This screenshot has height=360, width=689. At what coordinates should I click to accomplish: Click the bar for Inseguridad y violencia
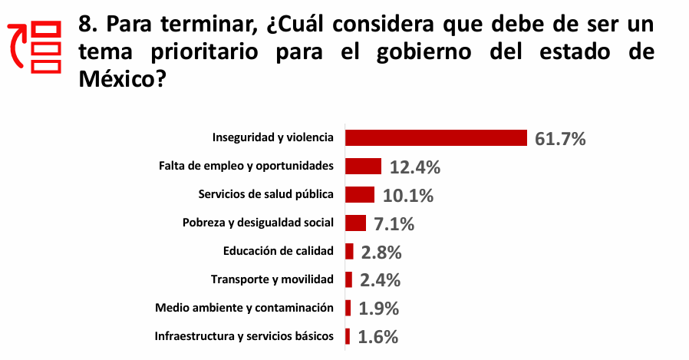(x=436, y=138)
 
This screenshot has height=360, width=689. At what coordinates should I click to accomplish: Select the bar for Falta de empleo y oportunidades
(x=363, y=166)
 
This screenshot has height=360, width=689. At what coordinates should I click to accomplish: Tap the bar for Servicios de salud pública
(x=360, y=194)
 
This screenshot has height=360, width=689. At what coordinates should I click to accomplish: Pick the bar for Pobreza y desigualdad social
(x=355, y=223)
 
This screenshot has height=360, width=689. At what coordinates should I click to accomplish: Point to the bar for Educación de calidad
(x=349, y=251)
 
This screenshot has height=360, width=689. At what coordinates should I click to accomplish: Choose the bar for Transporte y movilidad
(x=349, y=279)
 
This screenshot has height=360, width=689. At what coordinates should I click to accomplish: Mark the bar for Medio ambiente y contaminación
(x=348, y=308)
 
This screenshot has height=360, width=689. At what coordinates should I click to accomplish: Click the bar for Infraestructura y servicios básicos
(x=348, y=336)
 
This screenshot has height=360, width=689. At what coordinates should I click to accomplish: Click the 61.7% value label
(x=560, y=139)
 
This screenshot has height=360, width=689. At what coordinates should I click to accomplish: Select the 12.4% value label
(x=414, y=167)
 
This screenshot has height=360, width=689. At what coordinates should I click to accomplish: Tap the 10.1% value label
(x=407, y=196)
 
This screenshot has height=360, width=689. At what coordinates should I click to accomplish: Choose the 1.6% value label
(x=377, y=336)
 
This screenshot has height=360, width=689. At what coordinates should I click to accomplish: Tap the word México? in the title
(x=123, y=78)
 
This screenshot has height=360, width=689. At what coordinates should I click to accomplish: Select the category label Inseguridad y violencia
(x=272, y=138)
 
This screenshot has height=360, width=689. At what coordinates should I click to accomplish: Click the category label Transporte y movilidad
(x=272, y=279)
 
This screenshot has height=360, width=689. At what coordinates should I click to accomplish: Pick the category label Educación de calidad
(x=279, y=251)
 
